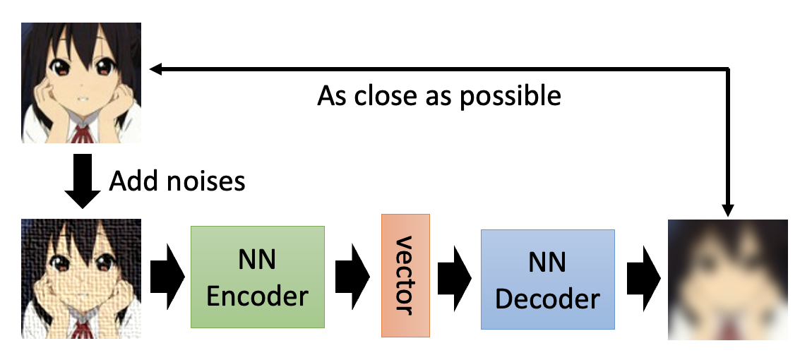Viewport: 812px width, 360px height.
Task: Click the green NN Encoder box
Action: pyautogui.click(x=257, y=276)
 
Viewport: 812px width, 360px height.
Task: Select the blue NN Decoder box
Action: pyautogui.click(x=548, y=279)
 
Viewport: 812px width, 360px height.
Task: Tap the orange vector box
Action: pyautogui.click(x=405, y=275)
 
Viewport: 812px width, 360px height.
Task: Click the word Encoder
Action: pyautogui.click(x=257, y=296)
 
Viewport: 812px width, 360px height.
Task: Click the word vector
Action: pyautogui.click(x=405, y=275)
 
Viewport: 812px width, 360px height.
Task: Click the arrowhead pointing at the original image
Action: pyautogui.click(x=156, y=68)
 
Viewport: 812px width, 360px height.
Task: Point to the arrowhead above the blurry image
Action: pyautogui.click(x=728, y=210)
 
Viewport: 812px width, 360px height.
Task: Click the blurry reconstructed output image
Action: pyautogui.click(x=728, y=279)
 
